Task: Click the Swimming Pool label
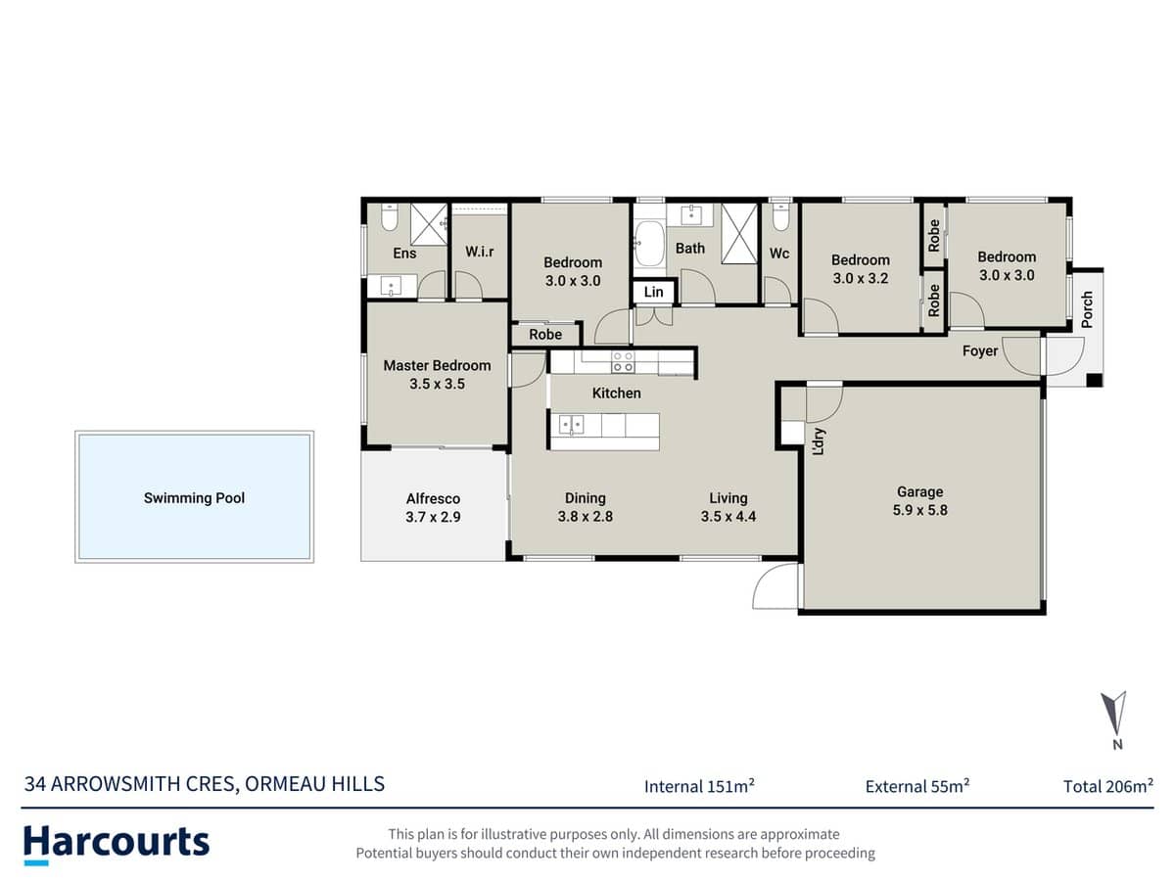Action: click(194, 498)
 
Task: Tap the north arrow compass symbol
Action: click(1114, 714)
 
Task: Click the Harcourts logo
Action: click(117, 843)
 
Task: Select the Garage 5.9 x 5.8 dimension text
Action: click(920, 510)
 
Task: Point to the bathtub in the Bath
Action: click(648, 246)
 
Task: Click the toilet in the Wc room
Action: click(779, 216)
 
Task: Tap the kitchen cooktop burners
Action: click(622, 361)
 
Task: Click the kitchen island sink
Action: click(573, 425)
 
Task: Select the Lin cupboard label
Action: click(653, 292)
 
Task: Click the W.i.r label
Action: click(479, 252)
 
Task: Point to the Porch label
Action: click(1087, 310)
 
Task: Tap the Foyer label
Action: click(980, 350)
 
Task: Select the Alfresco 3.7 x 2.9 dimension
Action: click(433, 517)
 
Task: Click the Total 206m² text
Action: click(1107, 786)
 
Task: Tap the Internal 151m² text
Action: click(699, 786)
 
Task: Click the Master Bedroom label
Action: click(437, 365)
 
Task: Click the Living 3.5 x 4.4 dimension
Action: click(728, 517)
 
